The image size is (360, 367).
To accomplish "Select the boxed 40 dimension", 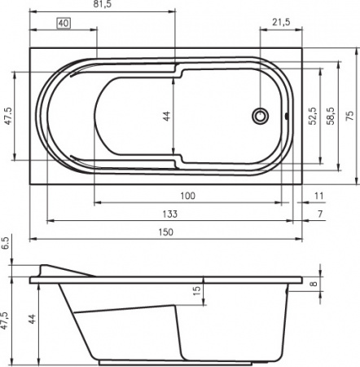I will tap(62, 23).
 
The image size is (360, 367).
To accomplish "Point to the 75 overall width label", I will tap(351, 116).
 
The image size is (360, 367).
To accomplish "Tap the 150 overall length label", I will tap(165, 232).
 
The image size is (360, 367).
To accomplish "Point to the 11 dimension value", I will tap(318, 196).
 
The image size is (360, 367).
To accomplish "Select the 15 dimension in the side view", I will tap(196, 290).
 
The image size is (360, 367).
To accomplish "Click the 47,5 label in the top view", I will tap(8, 116).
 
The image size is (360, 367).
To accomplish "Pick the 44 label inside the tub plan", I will tap(167, 117).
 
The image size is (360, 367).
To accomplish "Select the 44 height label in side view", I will tap(33, 320).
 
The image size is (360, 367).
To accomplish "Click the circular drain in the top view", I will tap(261, 116).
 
